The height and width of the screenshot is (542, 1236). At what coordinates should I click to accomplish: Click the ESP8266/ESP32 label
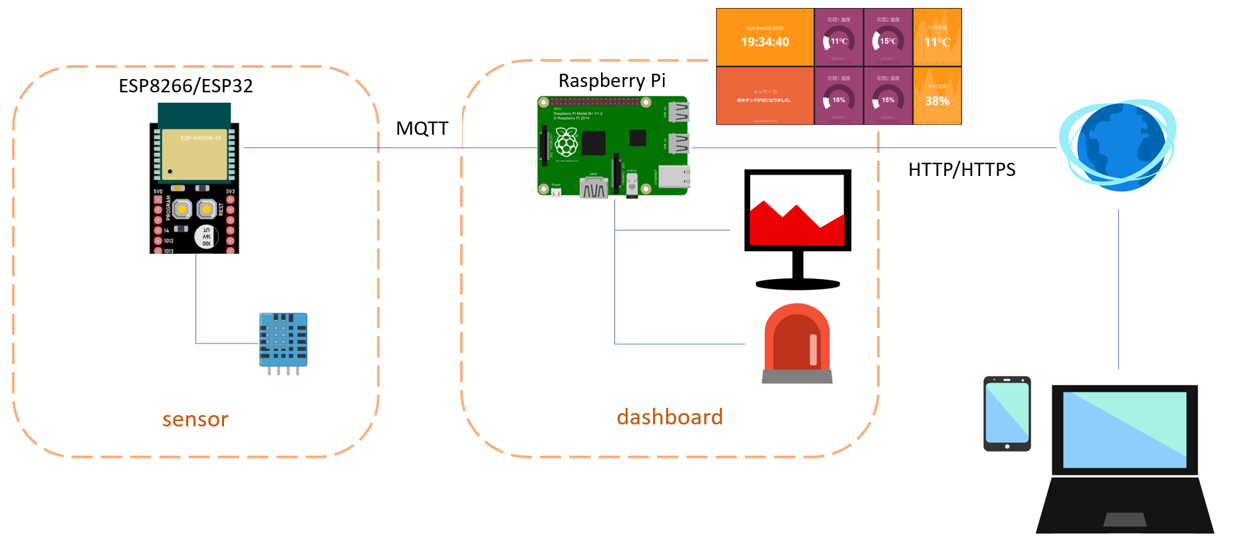(x=185, y=86)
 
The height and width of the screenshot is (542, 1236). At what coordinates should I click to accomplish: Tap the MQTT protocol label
(x=422, y=128)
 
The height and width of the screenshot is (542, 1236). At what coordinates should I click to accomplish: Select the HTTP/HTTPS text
(x=961, y=170)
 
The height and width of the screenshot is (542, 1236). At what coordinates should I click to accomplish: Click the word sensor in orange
(x=195, y=419)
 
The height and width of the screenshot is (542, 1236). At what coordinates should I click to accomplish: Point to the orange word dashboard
(x=670, y=417)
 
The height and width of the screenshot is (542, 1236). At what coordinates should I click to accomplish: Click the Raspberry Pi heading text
(x=612, y=81)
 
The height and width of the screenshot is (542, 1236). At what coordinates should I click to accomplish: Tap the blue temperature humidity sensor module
(x=283, y=341)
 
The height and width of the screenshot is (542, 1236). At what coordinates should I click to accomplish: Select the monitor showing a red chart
(x=797, y=219)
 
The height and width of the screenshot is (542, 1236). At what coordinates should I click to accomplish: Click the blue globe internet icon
(x=1119, y=145)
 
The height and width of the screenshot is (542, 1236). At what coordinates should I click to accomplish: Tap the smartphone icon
(x=1007, y=414)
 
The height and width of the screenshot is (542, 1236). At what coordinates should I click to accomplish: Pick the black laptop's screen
(x=1124, y=429)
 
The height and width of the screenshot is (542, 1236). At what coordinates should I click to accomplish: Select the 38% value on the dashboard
(x=937, y=101)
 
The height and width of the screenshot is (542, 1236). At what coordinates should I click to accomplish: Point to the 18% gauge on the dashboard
(x=838, y=100)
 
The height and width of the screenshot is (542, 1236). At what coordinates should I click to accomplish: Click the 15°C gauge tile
(x=888, y=41)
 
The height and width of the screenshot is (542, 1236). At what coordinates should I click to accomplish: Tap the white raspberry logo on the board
(x=566, y=141)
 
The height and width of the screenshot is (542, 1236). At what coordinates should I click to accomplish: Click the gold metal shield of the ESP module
(x=195, y=155)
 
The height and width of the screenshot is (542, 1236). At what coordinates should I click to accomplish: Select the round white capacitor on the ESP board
(x=206, y=236)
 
